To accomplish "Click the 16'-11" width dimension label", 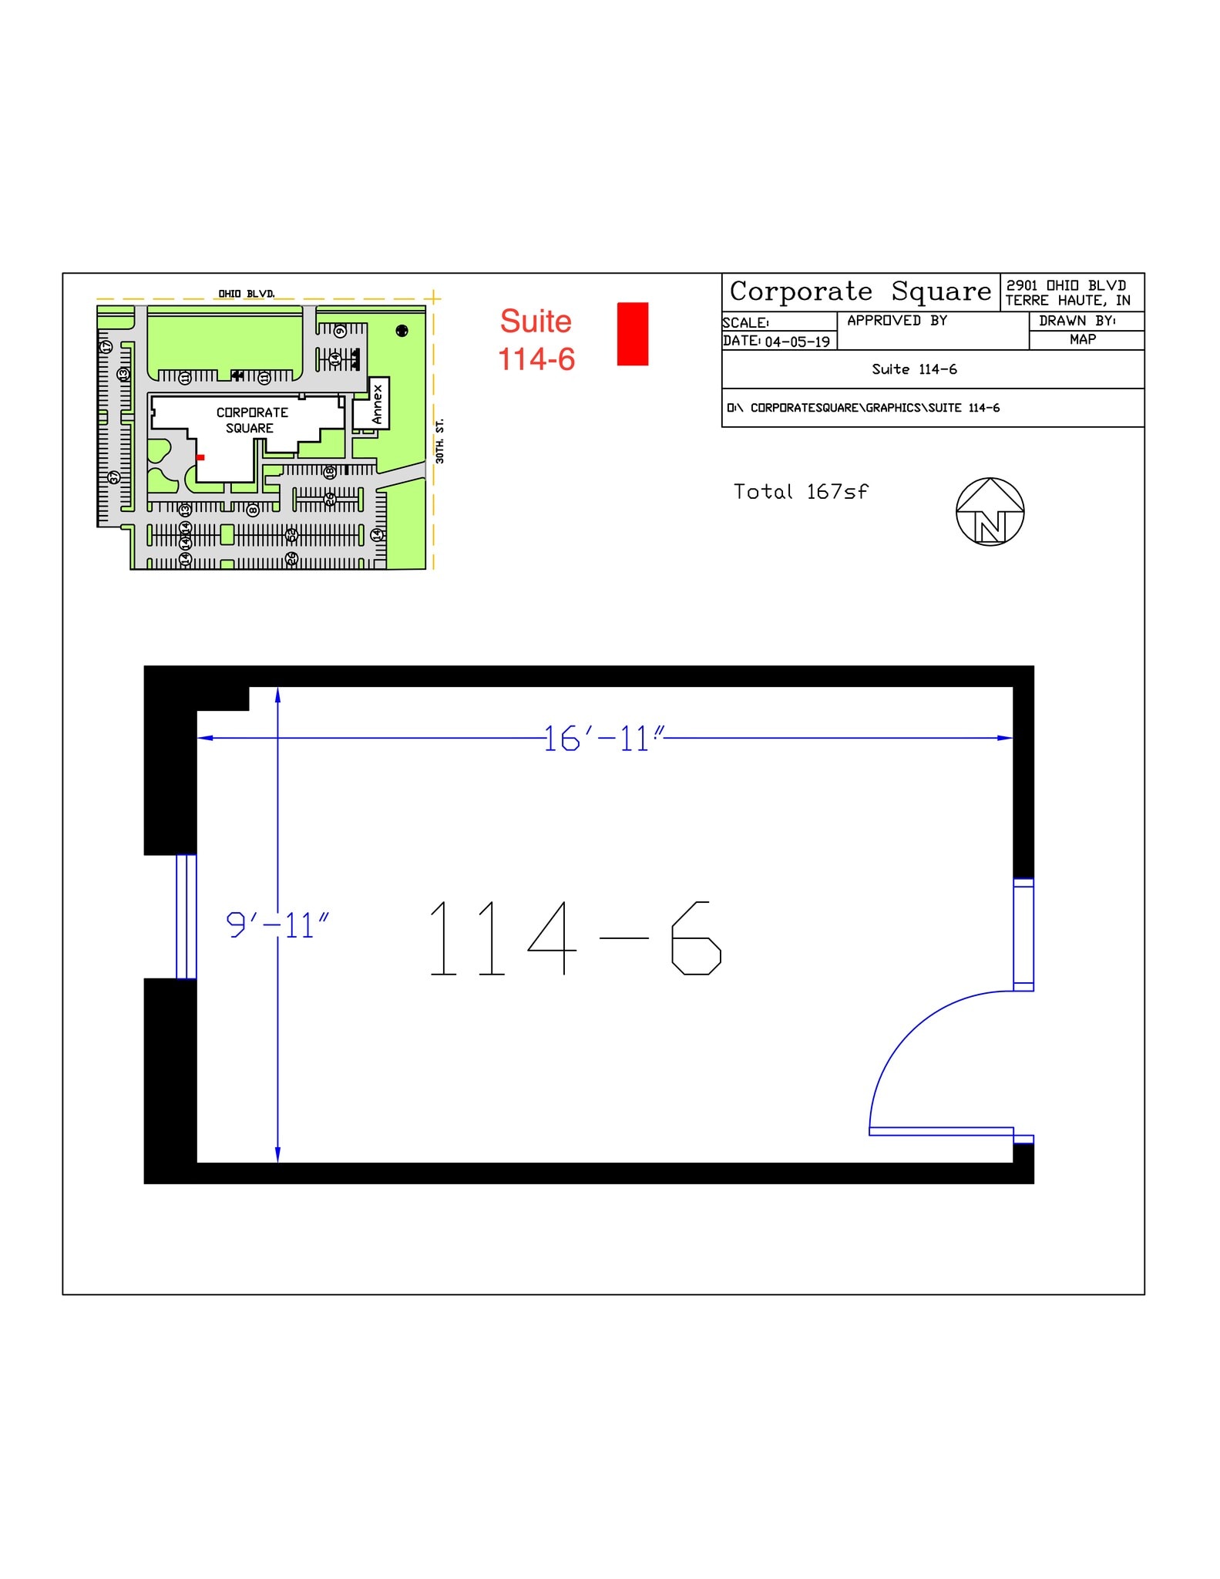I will [603, 739].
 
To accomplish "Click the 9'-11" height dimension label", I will [277, 924].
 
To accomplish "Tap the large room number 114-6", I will [574, 938].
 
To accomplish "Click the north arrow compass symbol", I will [990, 512].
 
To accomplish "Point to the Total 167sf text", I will [800, 492].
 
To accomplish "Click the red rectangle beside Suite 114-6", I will [633, 334].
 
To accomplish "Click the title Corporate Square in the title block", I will [860, 291].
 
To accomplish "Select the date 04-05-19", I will [797, 342].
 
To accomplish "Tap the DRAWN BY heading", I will [1077, 321].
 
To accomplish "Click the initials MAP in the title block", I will [1082, 339].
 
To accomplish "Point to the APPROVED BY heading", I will [897, 321].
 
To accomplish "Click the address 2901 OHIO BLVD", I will [1066, 285].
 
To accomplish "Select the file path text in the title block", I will [863, 408].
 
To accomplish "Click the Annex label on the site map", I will [377, 404].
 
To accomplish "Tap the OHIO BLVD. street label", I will [247, 294].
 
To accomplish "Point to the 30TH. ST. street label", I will [440, 441].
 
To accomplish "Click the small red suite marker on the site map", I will [200, 457].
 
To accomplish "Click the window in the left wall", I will [186, 917].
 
